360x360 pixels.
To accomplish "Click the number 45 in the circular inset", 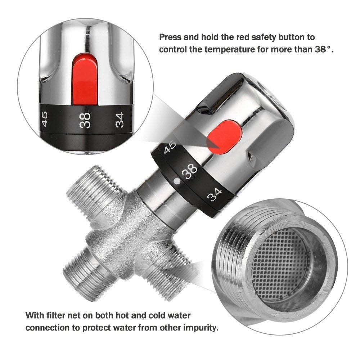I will (45, 119).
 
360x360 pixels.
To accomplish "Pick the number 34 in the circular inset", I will (120, 120).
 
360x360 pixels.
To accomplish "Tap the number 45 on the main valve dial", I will (170, 147).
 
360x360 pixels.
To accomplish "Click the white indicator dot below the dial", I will (176, 181).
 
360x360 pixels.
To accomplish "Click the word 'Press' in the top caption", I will (171, 37).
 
